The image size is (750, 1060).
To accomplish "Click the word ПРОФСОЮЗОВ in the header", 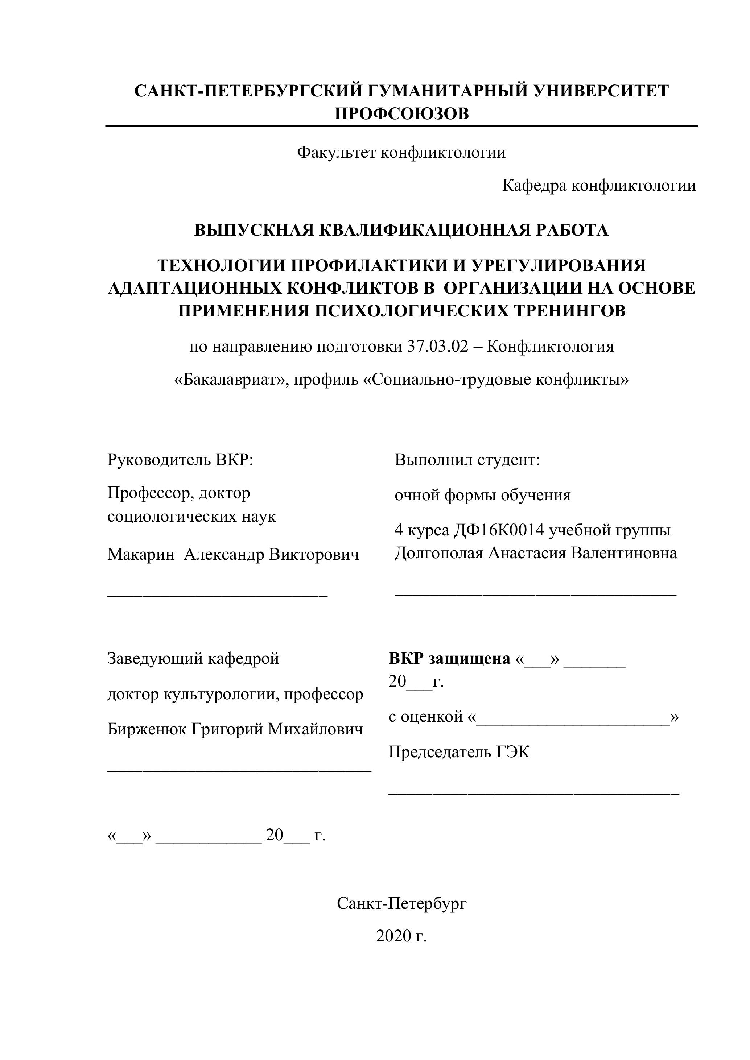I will coord(401,113).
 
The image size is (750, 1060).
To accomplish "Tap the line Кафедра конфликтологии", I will coord(599,186).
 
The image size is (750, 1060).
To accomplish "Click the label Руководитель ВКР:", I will coord(181,460).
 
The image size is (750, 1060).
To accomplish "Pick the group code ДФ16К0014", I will coord(499,530).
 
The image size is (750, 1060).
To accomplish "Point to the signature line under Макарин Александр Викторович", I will coord(217,596).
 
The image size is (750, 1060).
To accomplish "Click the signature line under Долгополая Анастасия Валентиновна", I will coord(535,596).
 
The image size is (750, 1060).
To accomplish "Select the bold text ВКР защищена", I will coord(449,658).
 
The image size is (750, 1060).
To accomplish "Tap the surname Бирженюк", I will coord(147,729).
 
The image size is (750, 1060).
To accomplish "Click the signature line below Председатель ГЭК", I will coord(533,793).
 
